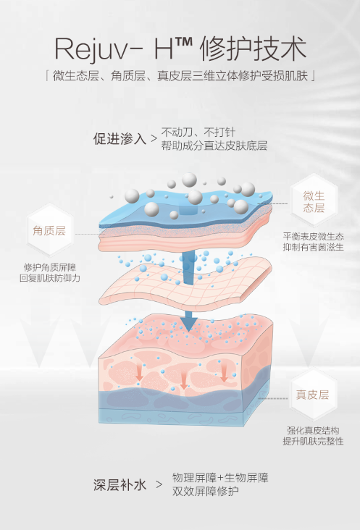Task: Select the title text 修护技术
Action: [253, 49]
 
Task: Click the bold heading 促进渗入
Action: [120, 138]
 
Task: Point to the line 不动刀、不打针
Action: [198, 132]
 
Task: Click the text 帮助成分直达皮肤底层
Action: [214, 146]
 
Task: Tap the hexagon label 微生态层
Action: [314, 201]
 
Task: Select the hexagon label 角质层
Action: [49, 230]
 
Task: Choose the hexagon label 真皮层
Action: [313, 395]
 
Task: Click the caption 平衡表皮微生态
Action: [314, 236]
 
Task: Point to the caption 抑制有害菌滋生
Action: [314, 247]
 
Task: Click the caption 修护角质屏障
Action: [50, 267]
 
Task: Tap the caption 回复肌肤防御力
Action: [50, 278]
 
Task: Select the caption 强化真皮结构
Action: [313, 430]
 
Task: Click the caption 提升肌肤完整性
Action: [313, 441]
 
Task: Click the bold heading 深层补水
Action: [120, 484]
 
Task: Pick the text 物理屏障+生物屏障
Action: [220, 478]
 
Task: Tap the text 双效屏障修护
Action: [206, 491]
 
